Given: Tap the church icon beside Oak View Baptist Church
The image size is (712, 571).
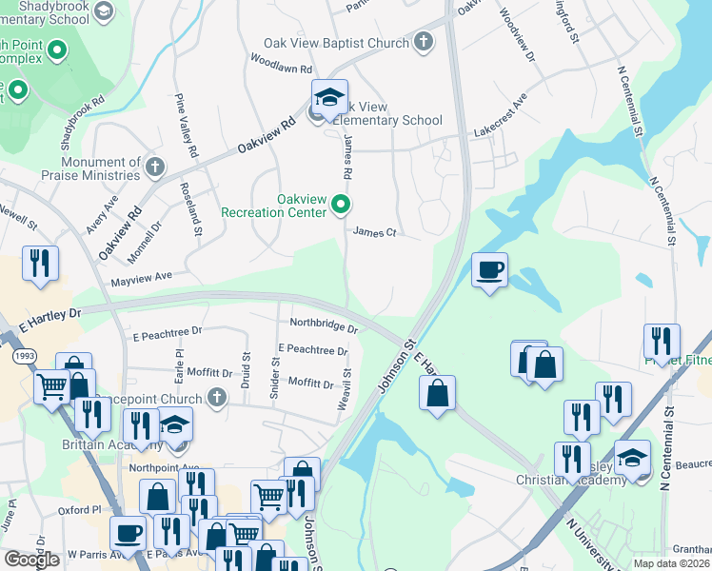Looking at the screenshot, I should tap(423, 43).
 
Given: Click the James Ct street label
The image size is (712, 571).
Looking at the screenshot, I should tap(373, 232).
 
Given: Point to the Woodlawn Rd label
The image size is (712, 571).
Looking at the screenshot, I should tap(281, 69).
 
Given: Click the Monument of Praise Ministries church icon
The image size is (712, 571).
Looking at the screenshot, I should tap(155, 168).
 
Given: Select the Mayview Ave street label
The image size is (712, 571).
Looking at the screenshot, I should tap(141, 276).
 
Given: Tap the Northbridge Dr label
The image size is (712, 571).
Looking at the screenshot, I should tap(324, 325).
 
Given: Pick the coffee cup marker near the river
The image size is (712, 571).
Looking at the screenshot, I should tap(489, 269).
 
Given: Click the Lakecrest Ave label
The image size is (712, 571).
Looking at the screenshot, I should tap(501, 114).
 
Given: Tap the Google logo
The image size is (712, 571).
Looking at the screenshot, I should tap(32, 560).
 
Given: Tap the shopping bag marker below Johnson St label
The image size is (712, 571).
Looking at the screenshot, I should tap(437, 393).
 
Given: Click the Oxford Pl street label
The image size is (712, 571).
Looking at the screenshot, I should tap(79, 509).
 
